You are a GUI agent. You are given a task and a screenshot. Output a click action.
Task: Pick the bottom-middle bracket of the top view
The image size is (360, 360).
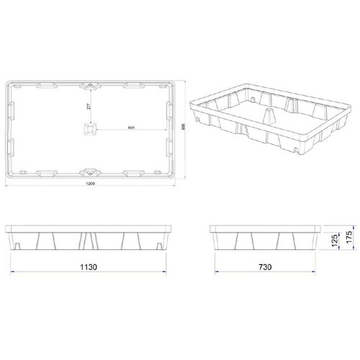coord(91,171)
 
